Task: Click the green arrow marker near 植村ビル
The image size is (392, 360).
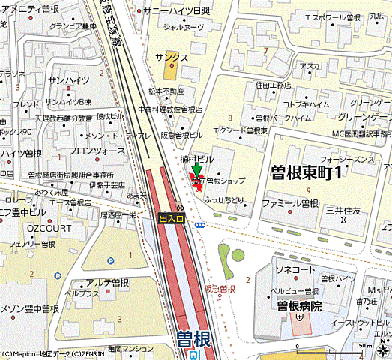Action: coord(196,172)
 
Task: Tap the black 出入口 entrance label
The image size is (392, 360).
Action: coord(170,218)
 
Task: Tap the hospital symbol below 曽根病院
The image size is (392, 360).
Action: coord(299,319)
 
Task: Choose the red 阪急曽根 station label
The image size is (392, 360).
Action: coord(223,289)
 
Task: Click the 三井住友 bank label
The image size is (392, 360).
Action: coord(343,212)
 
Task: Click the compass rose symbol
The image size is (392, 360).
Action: coord(382,349)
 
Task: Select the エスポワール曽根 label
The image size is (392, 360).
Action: coord(332,16)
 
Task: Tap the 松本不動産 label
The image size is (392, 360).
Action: coord(166,91)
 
